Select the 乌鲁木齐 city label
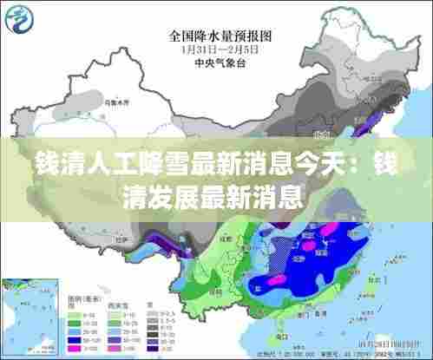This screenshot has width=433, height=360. pyautogui.click(x=114, y=102)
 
